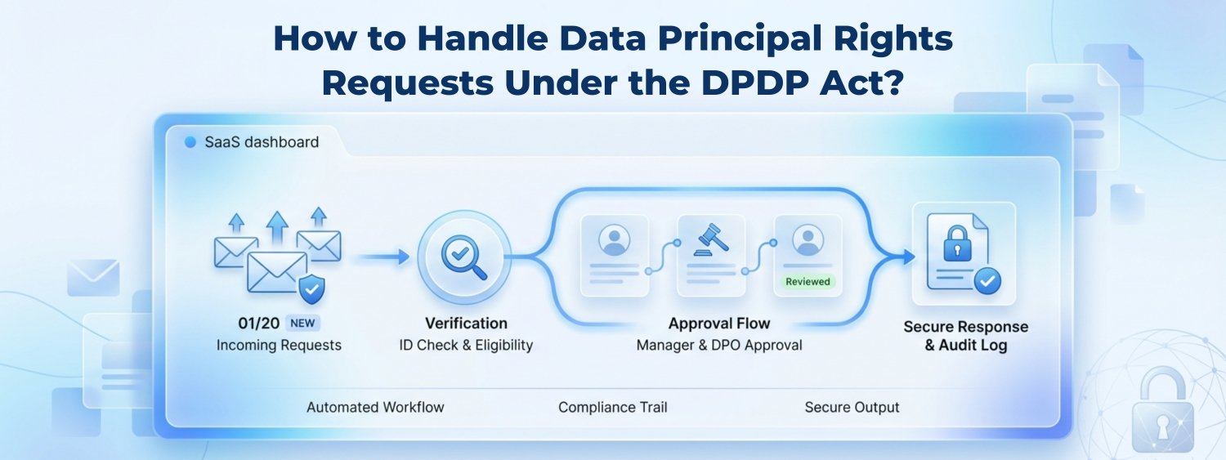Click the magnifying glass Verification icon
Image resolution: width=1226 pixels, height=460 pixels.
coord(463,256)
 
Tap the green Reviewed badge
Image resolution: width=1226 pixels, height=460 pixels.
coord(808,282)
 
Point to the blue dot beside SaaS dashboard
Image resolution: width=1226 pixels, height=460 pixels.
coord(190,142)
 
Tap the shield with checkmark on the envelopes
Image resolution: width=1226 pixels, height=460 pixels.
coord(312,288)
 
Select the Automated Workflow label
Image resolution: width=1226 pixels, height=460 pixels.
coord(375,407)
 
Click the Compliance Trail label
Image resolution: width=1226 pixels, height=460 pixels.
coord(613,407)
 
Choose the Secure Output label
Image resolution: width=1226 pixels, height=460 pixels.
coord(852,407)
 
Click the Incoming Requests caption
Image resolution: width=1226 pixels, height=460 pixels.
coord(279,345)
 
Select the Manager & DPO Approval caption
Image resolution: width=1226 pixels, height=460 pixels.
coord(719,345)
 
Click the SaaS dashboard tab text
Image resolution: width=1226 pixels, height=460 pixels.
coord(262,142)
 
